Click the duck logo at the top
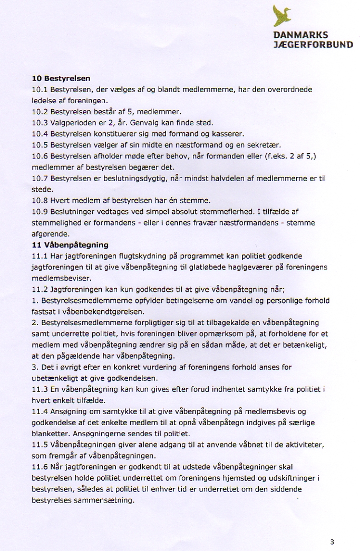pyautogui.click(x=282, y=16)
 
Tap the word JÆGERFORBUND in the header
pyautogui.click(x=313, y=45)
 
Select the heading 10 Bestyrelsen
pyautogui.click(x=61, y=78)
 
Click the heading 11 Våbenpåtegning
pyautogui.click(x=70, y=245)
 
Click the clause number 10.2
pyautogui.click(x=40, y=112)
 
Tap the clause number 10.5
pyautogui.click(x=40, y=145)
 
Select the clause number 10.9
pyautogui.click(x=40, y=212)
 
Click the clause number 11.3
pyautogui.click(x=40, y=389)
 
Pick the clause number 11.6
pyautogui.click(x=40, y=467)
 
